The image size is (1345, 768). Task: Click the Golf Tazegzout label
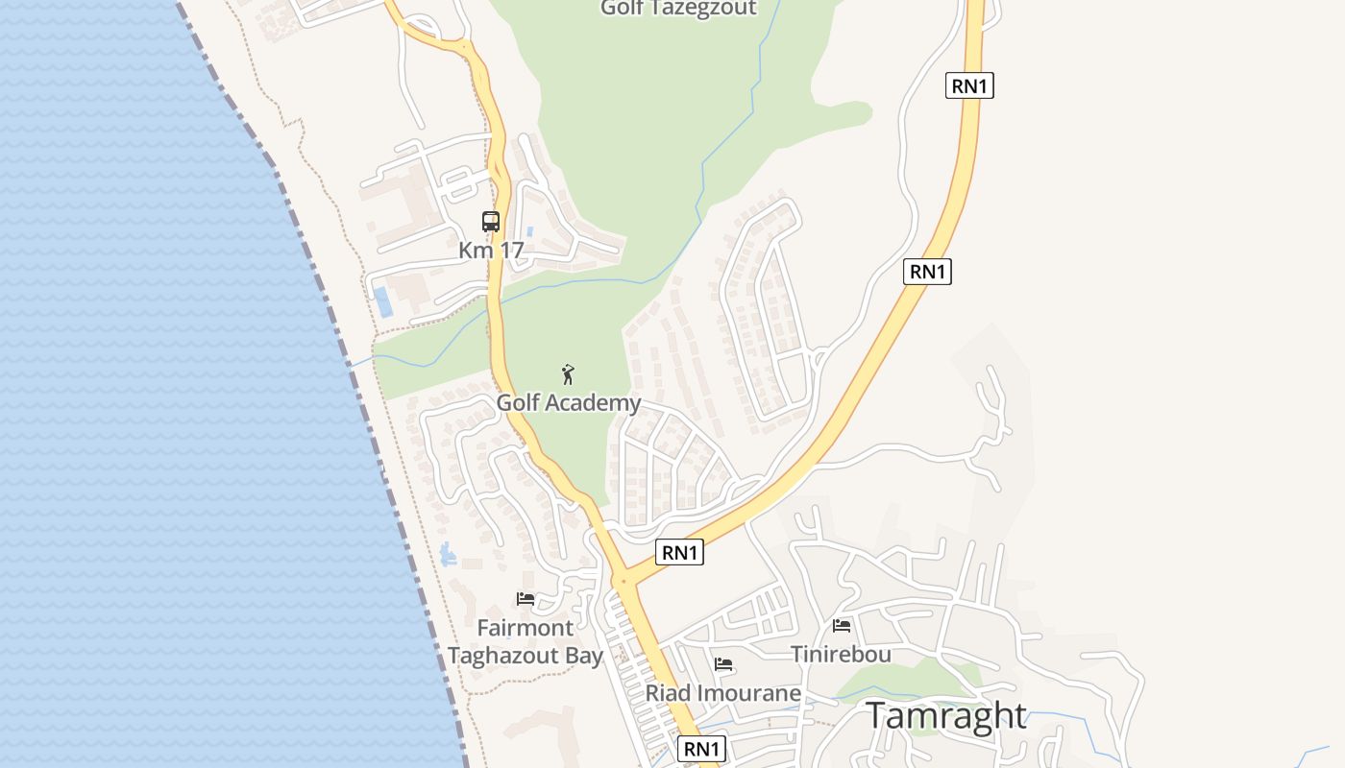678,9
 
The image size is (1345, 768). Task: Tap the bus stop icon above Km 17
491,222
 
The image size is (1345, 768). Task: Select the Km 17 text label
491,251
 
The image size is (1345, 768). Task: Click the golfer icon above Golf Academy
568,374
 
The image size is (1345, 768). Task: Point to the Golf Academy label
568,402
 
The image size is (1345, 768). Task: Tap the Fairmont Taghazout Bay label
526,641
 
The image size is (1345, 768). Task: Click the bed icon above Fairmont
526,599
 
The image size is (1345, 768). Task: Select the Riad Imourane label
722,693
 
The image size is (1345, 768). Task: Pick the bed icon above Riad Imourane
723,664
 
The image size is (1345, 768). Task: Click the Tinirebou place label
841,654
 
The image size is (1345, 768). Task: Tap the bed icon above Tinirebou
842,626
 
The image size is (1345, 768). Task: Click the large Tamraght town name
946,716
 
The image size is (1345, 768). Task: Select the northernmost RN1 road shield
969,85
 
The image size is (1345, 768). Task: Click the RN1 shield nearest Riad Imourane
701,749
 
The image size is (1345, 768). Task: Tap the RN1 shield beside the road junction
679,552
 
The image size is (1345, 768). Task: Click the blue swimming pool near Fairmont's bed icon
448,554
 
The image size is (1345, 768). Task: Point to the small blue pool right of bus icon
529,231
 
